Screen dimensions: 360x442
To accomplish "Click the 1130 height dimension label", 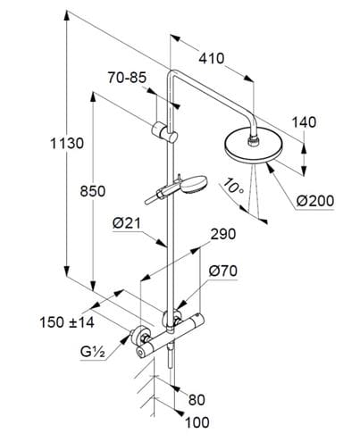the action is coord(67,144).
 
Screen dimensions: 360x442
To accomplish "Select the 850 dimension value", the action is coord(93,191).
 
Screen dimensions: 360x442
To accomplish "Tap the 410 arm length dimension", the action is coord(212,58).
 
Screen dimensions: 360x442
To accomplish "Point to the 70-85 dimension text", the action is coord(127,78).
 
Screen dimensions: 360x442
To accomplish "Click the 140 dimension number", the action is coord(304,122).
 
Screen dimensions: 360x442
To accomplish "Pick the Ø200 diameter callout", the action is coord(315,201).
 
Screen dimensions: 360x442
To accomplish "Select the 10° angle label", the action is coord(233,186).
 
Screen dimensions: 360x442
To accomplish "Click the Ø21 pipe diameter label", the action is coord(126,223).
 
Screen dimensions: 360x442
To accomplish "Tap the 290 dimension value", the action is coord(223,234).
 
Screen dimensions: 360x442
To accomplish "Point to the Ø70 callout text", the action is coord(223,271).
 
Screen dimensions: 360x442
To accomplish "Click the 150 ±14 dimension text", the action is coord(67,322).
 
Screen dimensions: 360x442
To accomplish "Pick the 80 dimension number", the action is coord(197,400).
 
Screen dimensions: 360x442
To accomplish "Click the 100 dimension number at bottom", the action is coord(197,422).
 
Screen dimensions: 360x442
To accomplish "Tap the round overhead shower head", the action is coord(249,147).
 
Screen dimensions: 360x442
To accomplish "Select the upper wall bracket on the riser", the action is coord(164,131).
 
